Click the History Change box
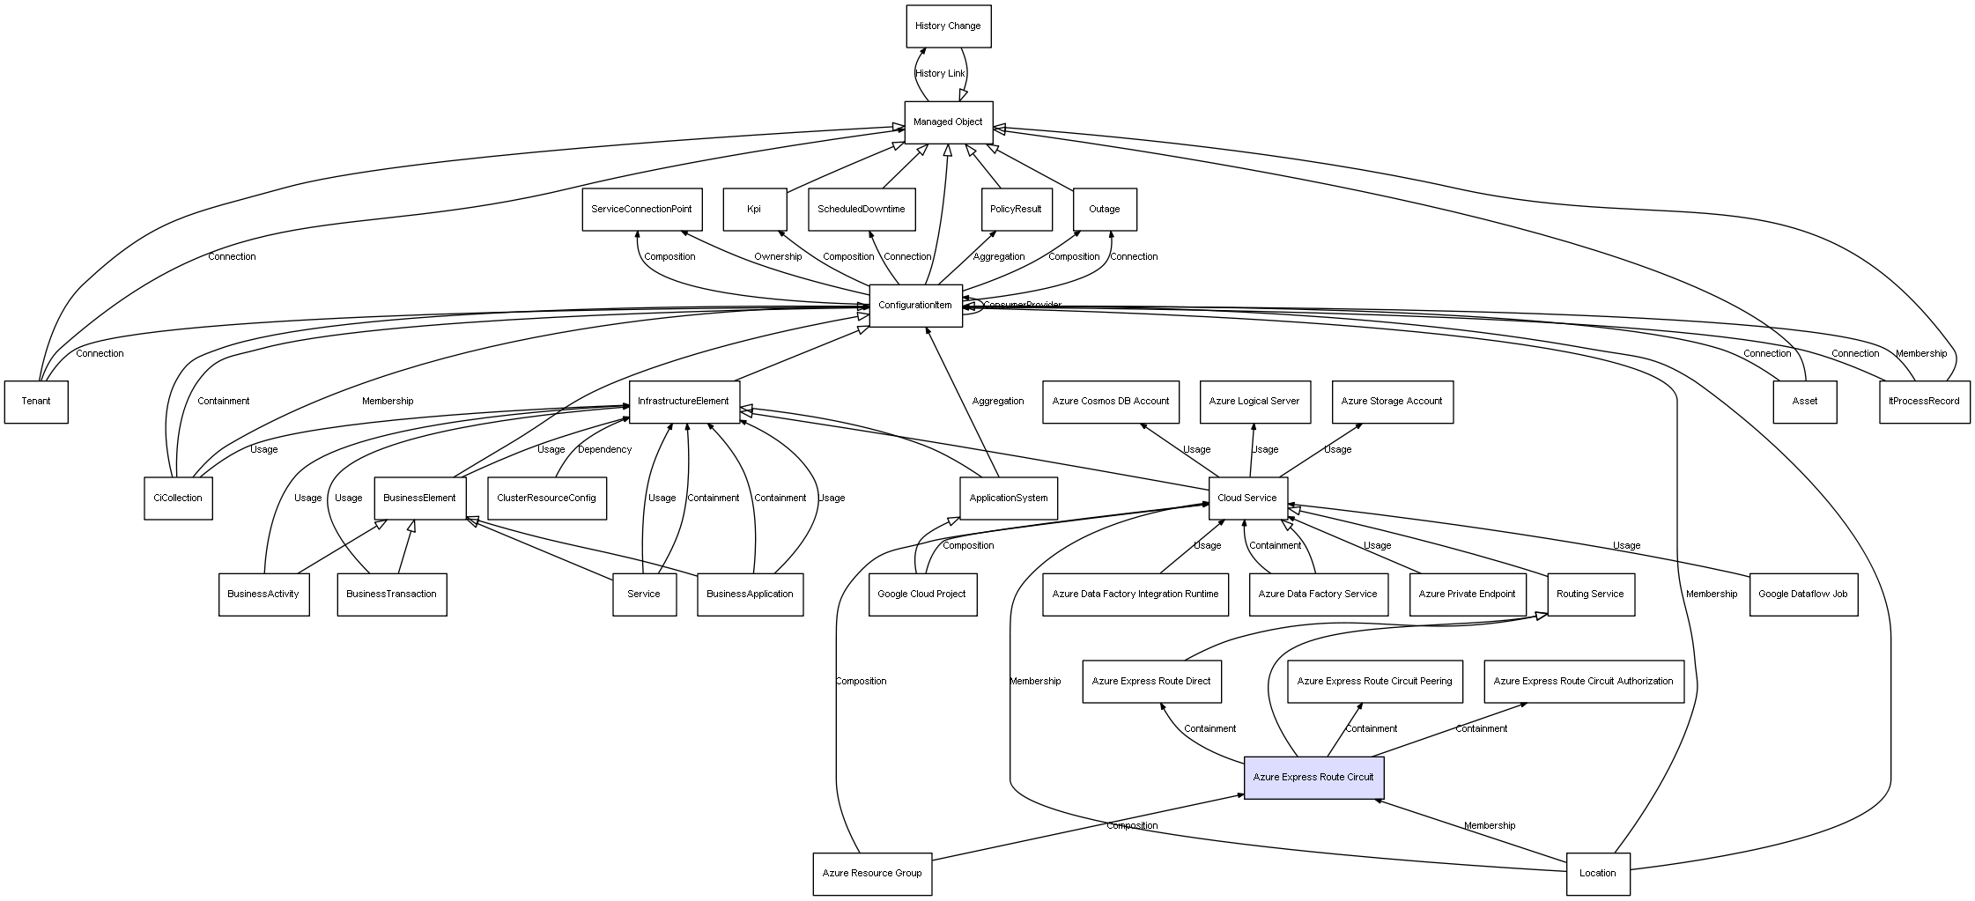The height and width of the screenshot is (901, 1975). [x=948, y=26]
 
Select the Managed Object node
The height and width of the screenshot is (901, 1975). [x=948, y=122]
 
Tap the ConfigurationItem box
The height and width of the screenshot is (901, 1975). [x=915, y=306]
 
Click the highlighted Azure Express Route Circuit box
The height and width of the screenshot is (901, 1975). [x=1313, y=778]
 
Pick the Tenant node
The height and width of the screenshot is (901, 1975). [x=36, y=402]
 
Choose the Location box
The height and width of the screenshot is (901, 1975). [x=1597, y=874]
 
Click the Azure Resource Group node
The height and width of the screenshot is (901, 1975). [x=871, y=874]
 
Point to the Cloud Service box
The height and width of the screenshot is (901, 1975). [x=1247, y=499]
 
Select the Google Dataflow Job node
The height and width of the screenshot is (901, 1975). [x=1802, y=595]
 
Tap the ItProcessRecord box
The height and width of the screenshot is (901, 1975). [x=1924, y=402]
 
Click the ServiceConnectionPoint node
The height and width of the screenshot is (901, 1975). [x=641, y=210]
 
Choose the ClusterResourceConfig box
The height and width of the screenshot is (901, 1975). [x=546, y=499]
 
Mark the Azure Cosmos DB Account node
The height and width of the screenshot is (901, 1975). [x=1110, y=402]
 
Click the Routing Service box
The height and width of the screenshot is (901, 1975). [x=1589, y=595]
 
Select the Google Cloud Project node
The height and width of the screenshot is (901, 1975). [x=921, y=595]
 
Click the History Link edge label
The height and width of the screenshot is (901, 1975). [x=939, y=74]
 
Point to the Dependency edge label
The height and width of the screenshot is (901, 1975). [x=604, y=450]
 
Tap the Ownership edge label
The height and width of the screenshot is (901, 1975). [x=778, y=257]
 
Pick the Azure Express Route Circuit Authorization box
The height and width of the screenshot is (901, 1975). [x=1583, y=682]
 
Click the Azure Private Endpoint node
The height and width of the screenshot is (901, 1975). [x=1467, y=595]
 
